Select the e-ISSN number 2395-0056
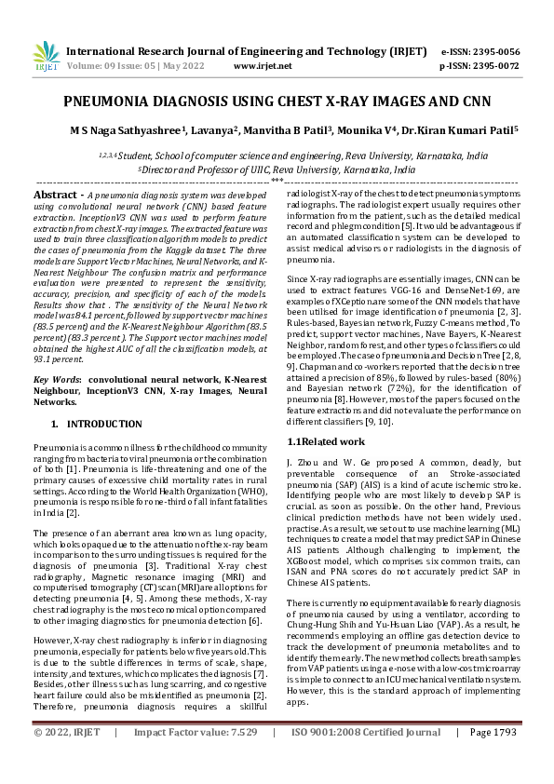493,52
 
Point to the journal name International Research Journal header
233,52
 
